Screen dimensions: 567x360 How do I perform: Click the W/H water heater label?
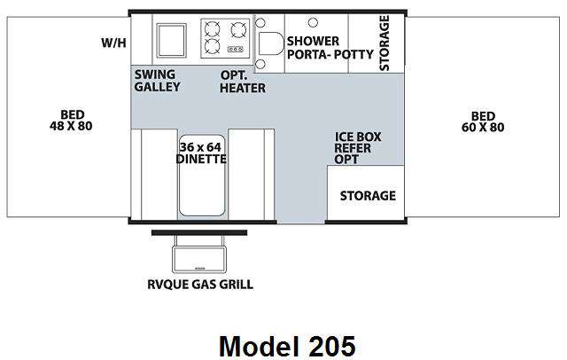(113, 43)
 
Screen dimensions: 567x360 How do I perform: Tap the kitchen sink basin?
(171, 40)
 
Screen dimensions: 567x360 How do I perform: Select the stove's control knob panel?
(236, 49)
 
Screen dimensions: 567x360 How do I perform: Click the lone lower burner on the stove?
(212, 46)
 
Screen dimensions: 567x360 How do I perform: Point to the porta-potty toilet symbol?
(269, 43)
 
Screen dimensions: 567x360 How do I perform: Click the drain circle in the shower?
(313, 23)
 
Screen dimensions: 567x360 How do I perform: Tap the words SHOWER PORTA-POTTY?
(330, 48)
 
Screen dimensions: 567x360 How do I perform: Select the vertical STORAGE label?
(384, 43)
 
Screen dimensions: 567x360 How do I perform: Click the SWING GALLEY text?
(157, 81)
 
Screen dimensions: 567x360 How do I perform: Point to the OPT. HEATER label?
(242, 82)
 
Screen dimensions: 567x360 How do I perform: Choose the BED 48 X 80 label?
(71, 121)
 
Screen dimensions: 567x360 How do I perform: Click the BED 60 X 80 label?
(483, 122)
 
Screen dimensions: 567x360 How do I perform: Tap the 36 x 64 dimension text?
(200, 147)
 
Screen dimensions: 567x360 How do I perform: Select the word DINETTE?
(201, 159)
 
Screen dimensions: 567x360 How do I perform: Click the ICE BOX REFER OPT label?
(357, 148)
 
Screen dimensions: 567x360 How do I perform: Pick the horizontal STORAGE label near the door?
(368, 196)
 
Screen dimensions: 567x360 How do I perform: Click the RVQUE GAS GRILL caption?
(200, 285)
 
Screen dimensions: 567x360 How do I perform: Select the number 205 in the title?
(332, 346)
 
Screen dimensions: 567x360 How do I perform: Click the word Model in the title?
(260, 346)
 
